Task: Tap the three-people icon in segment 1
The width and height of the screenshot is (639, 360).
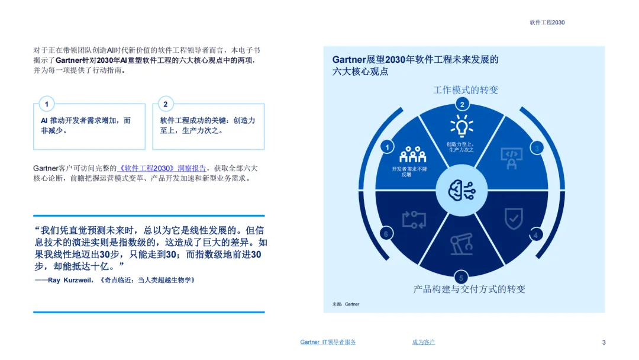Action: (x=413, y=155)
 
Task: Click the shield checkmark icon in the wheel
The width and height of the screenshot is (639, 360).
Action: (x=513, y=218)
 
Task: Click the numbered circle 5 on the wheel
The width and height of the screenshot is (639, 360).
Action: (x=461, y=278)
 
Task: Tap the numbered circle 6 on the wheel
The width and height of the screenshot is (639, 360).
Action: (x=386, y=234)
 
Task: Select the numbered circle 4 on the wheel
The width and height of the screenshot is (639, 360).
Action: (x=536, y=234)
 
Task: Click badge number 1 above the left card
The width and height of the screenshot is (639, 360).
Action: (x=47, y=104)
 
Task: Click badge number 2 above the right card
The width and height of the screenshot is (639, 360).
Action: (x=166, y=104)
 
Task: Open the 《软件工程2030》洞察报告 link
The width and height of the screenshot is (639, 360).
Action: (x=162, y=168)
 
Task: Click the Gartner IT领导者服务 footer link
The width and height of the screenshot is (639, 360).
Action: (x=328, y=342)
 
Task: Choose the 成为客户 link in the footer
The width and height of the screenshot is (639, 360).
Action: (x=424, y=342)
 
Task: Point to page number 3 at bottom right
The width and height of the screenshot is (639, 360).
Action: (x=603, y=342)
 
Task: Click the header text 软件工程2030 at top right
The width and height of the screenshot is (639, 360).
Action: (x=547, y=22)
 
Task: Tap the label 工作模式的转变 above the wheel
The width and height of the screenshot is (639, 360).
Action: (x=466, y=90)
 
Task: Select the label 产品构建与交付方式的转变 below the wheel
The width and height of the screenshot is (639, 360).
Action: (x=469, y=290)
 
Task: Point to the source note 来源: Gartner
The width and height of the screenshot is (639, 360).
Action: (x=346, y=304)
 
